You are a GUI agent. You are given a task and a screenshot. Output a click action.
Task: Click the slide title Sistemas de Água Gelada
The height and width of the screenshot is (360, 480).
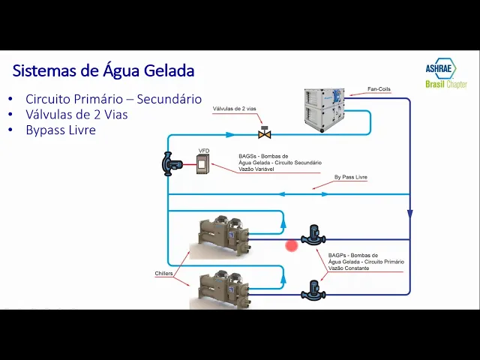(103, 71)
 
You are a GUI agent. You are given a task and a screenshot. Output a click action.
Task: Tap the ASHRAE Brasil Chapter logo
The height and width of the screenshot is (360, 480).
(445, 75)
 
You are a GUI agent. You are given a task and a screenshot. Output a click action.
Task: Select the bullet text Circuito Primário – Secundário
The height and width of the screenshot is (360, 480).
(113, 98)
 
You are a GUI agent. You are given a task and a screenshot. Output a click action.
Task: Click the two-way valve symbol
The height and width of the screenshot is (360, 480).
(264, 134)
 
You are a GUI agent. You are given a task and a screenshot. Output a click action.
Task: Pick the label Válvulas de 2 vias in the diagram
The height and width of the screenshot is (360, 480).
(235, 109)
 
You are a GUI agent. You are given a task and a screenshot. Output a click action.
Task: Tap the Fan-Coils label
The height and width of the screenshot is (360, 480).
(379, 89)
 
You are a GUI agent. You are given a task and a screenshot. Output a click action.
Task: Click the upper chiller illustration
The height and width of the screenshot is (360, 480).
(223, 235)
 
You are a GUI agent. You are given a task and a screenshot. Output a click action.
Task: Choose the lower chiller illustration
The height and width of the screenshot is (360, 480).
(223, 289)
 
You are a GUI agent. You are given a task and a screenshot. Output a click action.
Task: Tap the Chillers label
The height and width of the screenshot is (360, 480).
(163, 273)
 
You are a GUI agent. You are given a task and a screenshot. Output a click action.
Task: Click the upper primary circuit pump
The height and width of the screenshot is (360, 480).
(313, 235)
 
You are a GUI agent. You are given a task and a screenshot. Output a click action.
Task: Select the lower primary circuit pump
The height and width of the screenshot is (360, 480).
(313, 289)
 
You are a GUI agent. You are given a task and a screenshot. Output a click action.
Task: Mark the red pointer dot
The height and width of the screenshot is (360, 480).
(291, 245)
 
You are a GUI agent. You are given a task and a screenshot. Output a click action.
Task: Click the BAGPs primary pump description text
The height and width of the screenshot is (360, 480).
(366, 262)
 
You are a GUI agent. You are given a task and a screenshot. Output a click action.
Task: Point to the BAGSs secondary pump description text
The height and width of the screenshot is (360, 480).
(280, 163)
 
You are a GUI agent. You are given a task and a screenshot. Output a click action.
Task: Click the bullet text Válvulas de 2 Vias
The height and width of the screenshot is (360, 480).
(76, 114)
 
